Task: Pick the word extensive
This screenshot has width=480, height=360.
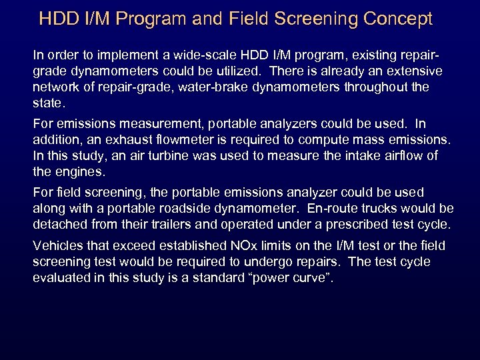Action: [407, 70]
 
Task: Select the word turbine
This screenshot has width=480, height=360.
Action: [170, 157]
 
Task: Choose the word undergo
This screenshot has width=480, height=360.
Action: [267, 262]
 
